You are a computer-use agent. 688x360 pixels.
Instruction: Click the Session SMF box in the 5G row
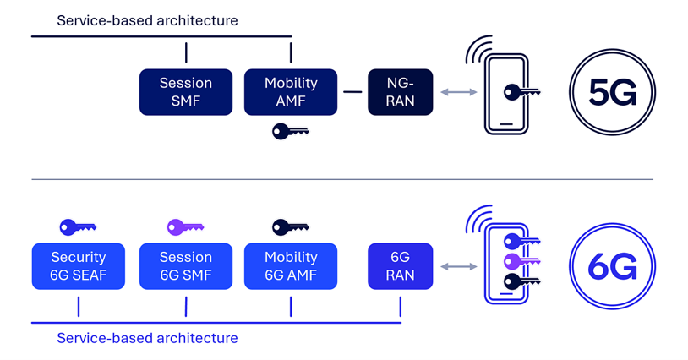pyautogui.click(x=185, y=92)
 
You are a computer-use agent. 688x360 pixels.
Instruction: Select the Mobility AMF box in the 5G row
pyautogui.click(x=291, y=92)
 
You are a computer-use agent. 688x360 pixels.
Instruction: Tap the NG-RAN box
pyautogui.click(x=400, y=92)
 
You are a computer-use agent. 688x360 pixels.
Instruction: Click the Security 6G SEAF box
pyautogui.click(x=78, y=266)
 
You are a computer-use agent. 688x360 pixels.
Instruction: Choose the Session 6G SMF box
pyautogui.click(x=185, y=266)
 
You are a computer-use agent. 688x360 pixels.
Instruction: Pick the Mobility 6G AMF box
pyautogui.click(x=291, y=266)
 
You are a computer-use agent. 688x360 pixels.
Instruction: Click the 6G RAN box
pyautogui.click(x=400, y=266)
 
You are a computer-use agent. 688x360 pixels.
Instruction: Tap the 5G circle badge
pyautogui.click(x=613, y=93)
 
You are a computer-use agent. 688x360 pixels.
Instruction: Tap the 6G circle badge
pyautogui.click(x=613, y=267)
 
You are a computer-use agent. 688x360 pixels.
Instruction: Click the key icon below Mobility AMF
pyautogui.click(x=290, y=132)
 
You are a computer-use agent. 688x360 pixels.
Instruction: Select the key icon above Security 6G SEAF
pyautogui.click(x=78, y=226)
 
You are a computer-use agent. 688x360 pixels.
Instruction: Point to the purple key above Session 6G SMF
pyautogui.click(x=185, y=226)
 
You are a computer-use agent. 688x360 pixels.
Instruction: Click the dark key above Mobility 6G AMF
pyautogui.click(x=290, y=226)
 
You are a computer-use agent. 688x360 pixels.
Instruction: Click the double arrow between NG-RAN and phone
pyautogui.click(x=458, y=92)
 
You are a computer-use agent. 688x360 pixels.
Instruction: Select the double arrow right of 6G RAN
pyautogui.click(x=458, y=267)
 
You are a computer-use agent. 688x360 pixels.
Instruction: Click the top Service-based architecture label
pyautogui.click(x=147, y=19)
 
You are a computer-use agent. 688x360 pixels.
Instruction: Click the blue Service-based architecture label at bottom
pyautogui.click(x=147, y=338)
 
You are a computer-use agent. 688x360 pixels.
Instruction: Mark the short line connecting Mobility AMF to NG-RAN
pyautogui.click(x=352, y=92)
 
